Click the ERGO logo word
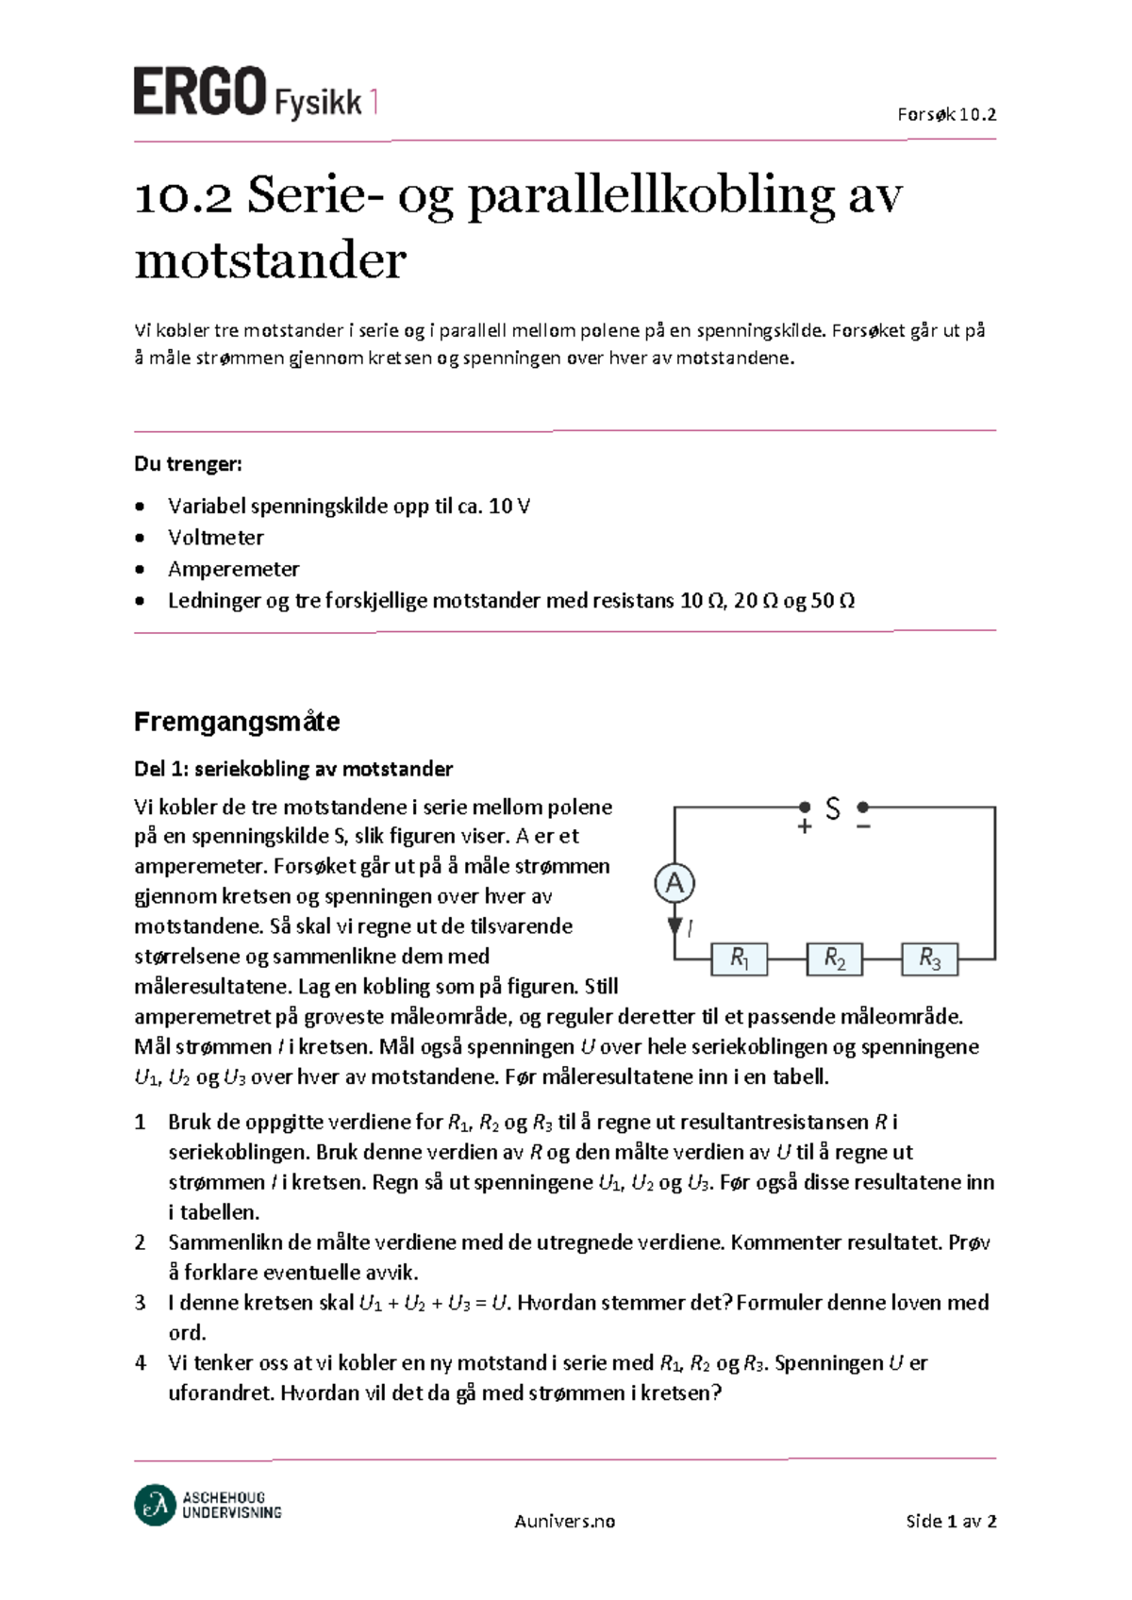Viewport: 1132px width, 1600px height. pos(199,92)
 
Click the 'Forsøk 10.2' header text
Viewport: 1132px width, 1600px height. pos(946,115)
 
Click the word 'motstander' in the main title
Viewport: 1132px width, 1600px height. pos(270,260)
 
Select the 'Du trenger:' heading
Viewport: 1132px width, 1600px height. pos(188,463)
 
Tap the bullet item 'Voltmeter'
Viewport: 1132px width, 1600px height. pos(215,538)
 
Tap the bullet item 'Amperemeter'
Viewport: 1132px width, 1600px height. pos(233,569)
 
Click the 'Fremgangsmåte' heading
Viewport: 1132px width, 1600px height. pos(237,722)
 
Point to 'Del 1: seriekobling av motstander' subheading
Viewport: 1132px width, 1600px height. pos(292,769)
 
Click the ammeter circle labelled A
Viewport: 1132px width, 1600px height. pos(674,884)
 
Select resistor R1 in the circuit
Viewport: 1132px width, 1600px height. pos(740,958)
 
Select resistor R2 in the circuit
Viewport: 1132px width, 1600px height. pos(835,958)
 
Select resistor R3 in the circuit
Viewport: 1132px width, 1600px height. pos(929,958)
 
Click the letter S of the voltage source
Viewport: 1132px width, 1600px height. pos(832,808)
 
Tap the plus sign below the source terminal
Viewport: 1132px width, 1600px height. pos(805,827)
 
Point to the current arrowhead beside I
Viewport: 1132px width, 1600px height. pos(674,925)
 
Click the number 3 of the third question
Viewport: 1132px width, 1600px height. pos(140,1303)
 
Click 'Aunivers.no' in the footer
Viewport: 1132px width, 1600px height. pos(564,1521)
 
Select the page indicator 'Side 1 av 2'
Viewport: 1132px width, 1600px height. pos(950,1521)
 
